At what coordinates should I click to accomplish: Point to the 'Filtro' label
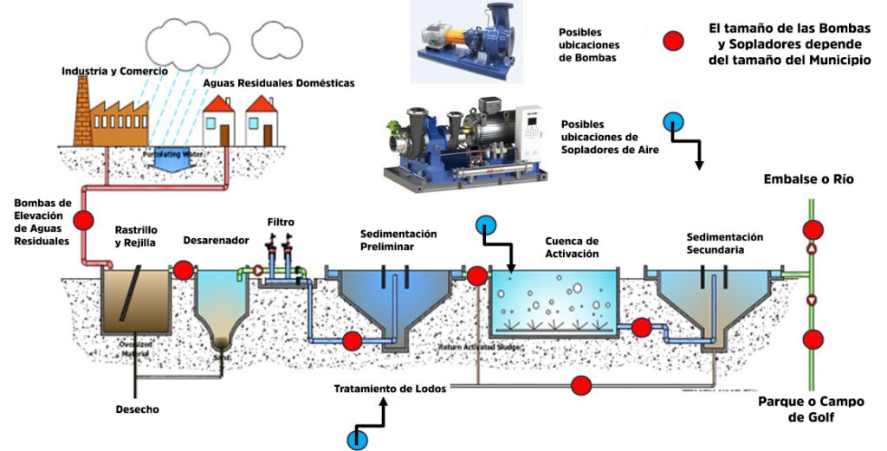pos(282,222)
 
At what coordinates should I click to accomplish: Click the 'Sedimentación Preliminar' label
pos(398,240)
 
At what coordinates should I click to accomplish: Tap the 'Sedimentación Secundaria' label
pos(723,242)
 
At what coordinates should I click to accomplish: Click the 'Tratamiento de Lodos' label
pos(390,389)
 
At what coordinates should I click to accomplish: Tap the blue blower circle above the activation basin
pos(485,226)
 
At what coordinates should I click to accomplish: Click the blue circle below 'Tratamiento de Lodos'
pos(355,438)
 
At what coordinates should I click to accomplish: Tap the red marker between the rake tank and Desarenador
pos(183,271)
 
